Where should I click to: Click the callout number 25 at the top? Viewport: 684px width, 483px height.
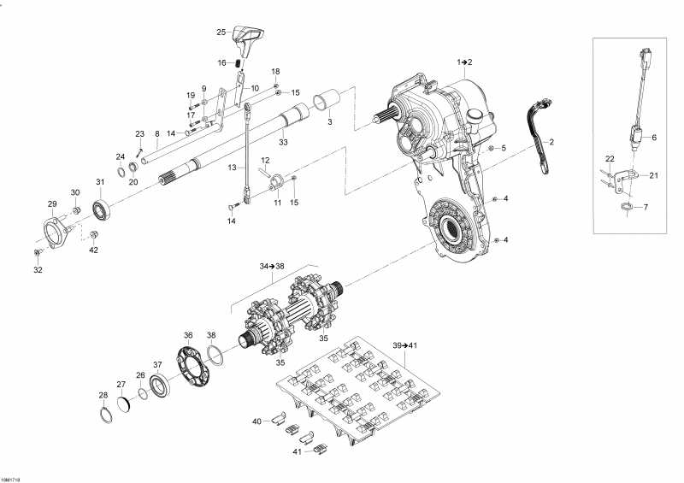(x=221, y=32)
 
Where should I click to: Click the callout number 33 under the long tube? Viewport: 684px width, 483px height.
(x=282, y=141)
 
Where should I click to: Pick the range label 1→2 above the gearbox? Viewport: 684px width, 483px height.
(x=464, y=62)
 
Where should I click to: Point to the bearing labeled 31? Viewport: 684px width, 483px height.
(x=101, y=209)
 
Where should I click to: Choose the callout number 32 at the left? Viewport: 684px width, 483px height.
(x=38, y=270)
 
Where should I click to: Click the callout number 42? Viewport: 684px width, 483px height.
(x=94, y=250)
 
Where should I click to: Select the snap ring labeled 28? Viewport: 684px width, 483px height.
(x=104, y=415)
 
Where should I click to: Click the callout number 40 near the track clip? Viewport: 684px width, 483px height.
(x=256, y=421)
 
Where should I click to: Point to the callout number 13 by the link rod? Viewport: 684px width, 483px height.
(x=232, y=168)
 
